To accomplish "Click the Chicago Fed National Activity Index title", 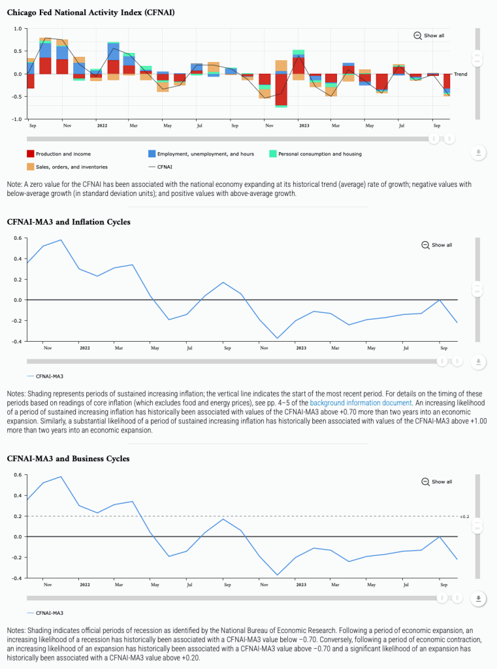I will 91,12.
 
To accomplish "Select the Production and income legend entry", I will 58,154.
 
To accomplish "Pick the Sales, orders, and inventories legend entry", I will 68,167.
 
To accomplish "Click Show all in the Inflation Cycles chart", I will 437,245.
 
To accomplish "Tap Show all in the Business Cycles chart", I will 437,481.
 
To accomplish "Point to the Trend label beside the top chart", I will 460,74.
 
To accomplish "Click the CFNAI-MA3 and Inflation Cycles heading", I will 69,222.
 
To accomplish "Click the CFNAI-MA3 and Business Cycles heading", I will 68,459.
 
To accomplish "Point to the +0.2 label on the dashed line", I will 464,517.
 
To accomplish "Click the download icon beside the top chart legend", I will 478,153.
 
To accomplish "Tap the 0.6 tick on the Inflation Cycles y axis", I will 18,238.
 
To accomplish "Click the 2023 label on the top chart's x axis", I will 304,125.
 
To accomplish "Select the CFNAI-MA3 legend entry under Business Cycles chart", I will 50,613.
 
